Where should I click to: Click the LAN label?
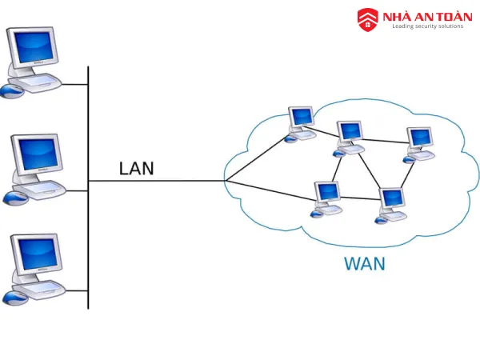click(137, 168)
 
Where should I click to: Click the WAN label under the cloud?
click(364, 263)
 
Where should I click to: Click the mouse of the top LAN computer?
click(10, 91)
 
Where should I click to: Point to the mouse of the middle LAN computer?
click(10, 198)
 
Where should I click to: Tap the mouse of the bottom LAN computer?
click(10, 298)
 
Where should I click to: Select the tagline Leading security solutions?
click(427, 26)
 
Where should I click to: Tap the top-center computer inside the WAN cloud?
click(350, 137)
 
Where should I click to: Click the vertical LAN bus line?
click(88, 240)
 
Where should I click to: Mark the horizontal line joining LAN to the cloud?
click(160, 181)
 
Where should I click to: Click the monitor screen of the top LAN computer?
click(33, 47)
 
